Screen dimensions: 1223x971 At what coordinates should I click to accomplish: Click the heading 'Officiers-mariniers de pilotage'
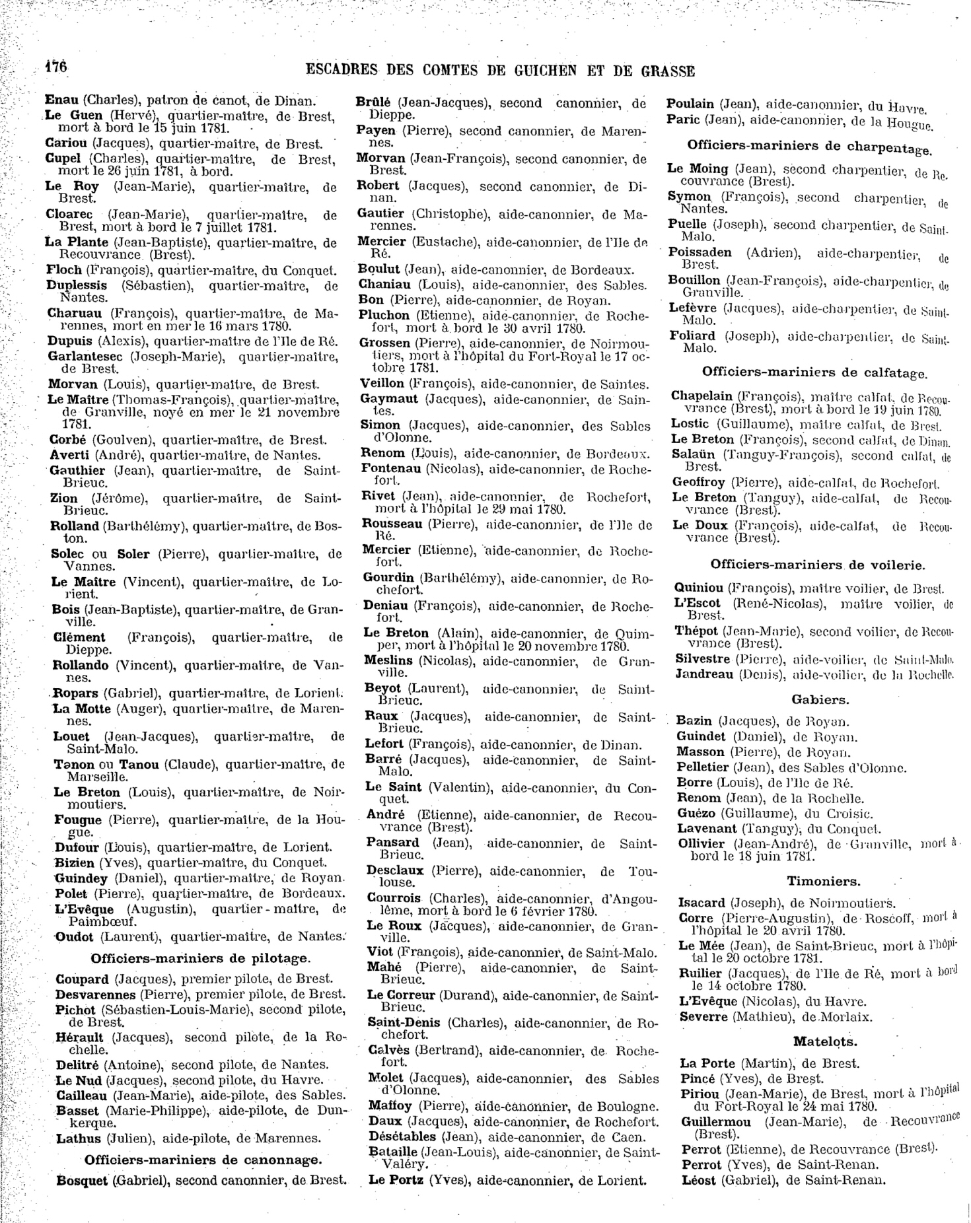(199, 958)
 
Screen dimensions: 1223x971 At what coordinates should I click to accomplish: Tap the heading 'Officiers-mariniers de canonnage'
(203, 1160)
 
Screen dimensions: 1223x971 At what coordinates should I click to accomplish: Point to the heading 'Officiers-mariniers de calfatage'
(814, 373)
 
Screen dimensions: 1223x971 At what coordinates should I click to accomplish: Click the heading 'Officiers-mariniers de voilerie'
(817, 565)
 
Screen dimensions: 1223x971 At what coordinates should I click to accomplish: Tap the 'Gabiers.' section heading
(820, 699)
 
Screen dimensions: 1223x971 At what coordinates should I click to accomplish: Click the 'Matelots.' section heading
(825, 1042)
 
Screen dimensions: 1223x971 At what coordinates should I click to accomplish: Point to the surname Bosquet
(82, 1180)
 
